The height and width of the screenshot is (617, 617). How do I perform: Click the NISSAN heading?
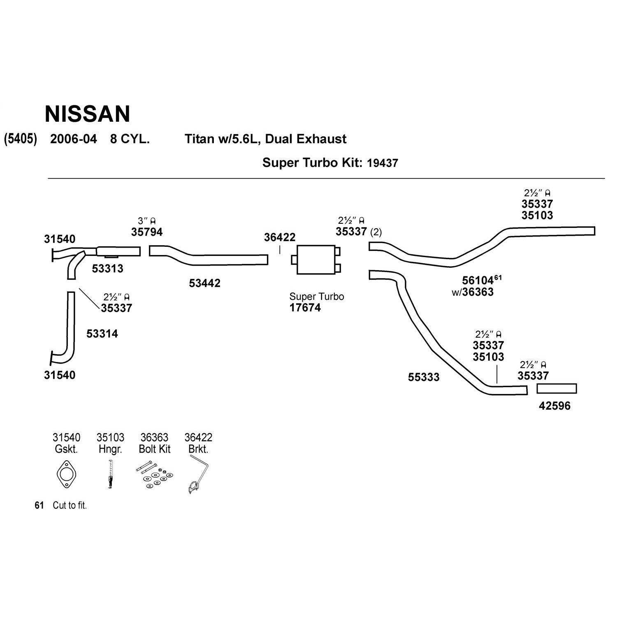tap(87, 114)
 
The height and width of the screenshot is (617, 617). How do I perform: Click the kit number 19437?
tap(382, 163)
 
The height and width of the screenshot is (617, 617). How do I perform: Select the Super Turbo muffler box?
tap(316, 260)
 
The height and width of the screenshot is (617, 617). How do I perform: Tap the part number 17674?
tap(305, 308)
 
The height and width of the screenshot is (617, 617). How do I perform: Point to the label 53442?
tap(204, 283)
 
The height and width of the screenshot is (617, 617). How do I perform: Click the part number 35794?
tap(147, 232)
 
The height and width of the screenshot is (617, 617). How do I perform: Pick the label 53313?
tap(107, 269)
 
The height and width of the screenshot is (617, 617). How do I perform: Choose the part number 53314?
tap(102, 334)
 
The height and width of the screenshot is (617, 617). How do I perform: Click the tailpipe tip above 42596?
tap(557, 389)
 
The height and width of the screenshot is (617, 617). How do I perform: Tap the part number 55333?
tap(424, 377)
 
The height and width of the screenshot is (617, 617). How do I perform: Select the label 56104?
tap(478, 281)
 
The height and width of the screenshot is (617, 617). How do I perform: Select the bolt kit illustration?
tap(155, 476)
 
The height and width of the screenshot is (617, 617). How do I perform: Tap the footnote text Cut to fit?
tap(70, 506)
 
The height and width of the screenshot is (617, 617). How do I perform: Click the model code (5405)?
tap(21, 139)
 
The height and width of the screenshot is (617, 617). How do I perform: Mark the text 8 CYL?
tap(130, 139)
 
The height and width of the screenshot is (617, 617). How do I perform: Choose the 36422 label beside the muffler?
tap(280, 237)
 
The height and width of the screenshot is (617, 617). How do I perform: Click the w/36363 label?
tap(473, 292)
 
